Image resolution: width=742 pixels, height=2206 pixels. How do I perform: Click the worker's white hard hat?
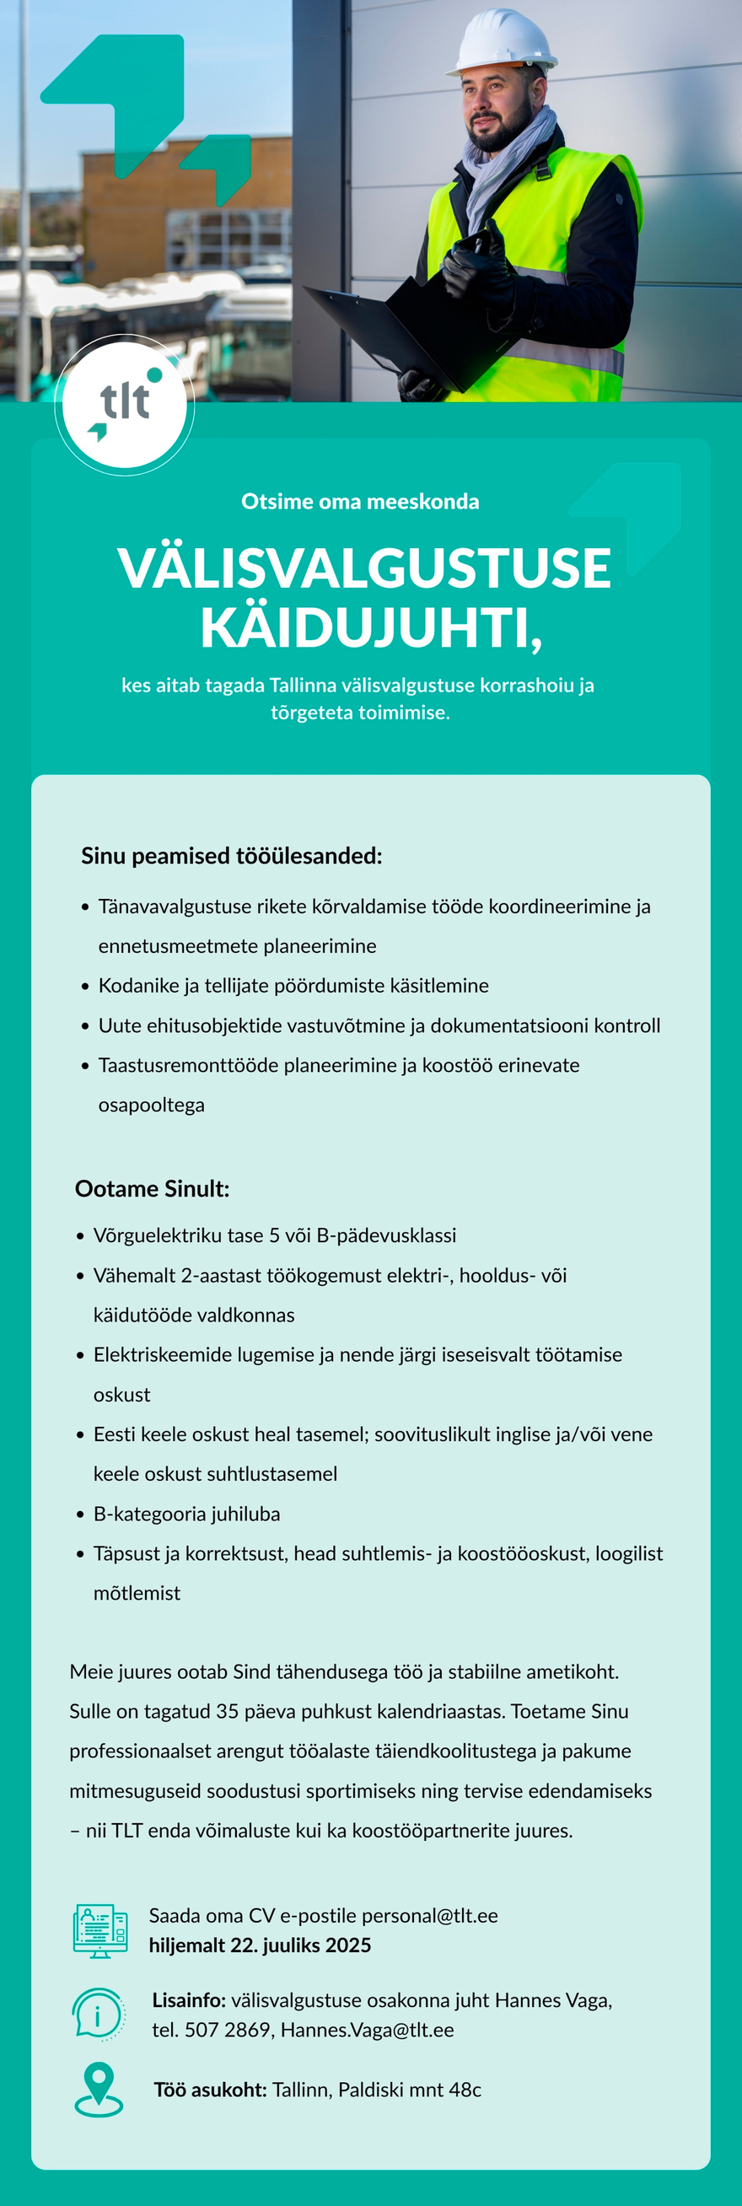click(x=504, y=43)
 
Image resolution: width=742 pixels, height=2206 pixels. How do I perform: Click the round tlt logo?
click(x=125, y=404)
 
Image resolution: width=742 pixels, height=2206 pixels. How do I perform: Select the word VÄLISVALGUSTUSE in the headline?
click(x=364, y=568)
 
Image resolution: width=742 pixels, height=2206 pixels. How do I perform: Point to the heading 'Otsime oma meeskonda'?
click(x=360, y=502)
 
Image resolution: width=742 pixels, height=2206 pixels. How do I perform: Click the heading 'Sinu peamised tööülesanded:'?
click(x=231, y=856)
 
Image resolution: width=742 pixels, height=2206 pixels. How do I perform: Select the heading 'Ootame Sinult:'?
click(x=153, y=1189)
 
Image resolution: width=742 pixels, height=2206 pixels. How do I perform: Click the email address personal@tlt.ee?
click(x=430, y=1916)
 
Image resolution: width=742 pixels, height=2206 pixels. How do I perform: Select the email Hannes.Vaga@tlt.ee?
click(x=367, y=2030)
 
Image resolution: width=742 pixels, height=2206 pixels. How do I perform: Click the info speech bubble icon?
click(x=98, y=2014)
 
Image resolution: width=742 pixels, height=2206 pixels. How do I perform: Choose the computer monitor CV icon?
click(x=100, y=1931)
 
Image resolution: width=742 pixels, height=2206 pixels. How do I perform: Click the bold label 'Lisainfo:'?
click(x=188, y=2000)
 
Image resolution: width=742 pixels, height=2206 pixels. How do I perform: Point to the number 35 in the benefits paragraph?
click(x=227, y=1711)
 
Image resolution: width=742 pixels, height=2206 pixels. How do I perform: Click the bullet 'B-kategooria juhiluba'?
click(x=186, y=1513)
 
